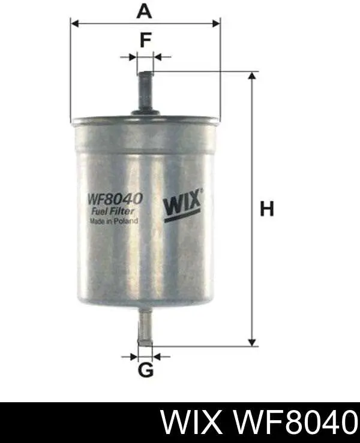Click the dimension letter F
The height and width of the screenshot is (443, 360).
(x=145, y=40)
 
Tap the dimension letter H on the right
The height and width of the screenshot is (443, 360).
(x=267, y=209)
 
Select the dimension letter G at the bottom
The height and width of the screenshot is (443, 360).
(x=146, y=370)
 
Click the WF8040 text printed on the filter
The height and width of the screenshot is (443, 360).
(x=116, y=199)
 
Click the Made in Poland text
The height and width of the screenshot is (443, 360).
(x=113, y=221)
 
